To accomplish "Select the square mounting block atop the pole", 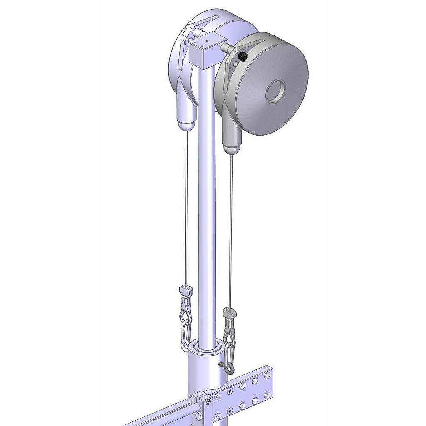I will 204,52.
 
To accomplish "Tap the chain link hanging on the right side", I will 229,352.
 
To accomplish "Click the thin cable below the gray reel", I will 230,229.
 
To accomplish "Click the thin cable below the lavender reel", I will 186,208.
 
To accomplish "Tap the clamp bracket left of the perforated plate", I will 203,406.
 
